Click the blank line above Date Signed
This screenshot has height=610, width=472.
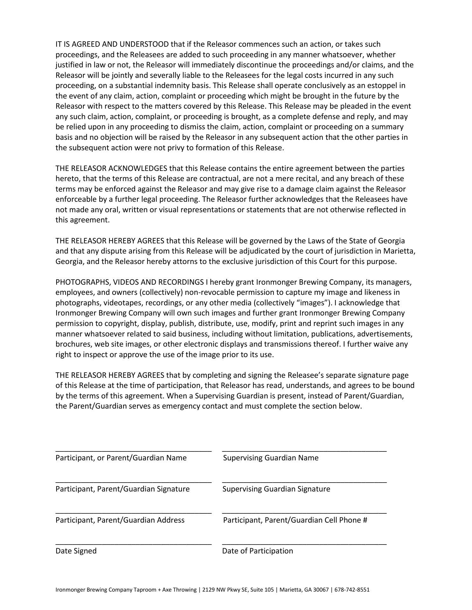pyautogui.click(x=134, y=545)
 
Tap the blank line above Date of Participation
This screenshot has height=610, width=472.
pyautogui.click(x=304, y=545)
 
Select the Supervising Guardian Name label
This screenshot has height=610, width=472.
pyautogui.click(x=271, y=458)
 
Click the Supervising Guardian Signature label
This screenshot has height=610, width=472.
pyautogui.click(x=276, y=489)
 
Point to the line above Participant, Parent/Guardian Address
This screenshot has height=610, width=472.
pyautogui.click(x=134, y=513)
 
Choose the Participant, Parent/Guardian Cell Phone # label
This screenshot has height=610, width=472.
pyautogui.click(x=295, y=520)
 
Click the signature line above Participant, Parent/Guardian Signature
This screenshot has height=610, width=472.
pyautogui.click(x=134, y=482)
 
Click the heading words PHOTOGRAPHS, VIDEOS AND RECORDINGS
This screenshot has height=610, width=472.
pyautogui.click(x=129, y=282)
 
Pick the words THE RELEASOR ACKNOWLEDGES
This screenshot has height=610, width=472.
pyautogui.click(x=111, y=168)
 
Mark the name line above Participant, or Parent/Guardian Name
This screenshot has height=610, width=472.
pyautogui.click(x=134, y=451)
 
